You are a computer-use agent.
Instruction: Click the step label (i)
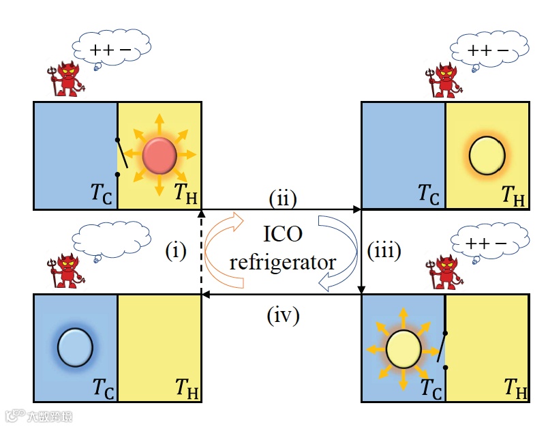pyautogui.click(x=175, y=252)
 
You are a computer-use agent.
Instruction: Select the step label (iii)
pyautogui.click(x=384, y=250)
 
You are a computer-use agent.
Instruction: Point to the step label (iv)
pyautogui.click(x=281, y=316)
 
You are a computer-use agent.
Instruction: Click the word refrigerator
pyautogui.click(x=282, y=261)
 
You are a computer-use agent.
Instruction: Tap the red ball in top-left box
pyautogui.click(x=159, y=156)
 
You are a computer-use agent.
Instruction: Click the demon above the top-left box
pyautogui.click(x=67, y=78)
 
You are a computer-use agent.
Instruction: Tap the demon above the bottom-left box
pyautogui.click(x=67, y=269)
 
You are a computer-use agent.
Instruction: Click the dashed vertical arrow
pyautogui.click(x=202, y=252)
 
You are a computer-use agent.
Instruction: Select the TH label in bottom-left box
pyautogui.click(x=186, y=389)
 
